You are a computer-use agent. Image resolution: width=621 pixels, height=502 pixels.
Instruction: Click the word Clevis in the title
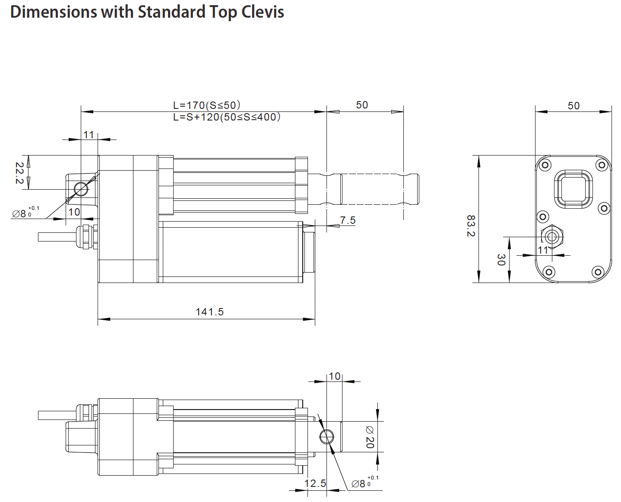(262, 12)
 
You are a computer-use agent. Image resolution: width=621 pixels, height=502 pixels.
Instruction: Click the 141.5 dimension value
(209, 311)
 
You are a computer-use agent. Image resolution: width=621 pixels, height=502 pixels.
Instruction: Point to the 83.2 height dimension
(471, 226)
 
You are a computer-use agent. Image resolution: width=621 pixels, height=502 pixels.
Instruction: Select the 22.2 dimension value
(19, 173)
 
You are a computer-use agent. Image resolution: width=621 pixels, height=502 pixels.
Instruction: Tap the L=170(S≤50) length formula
(206, 105)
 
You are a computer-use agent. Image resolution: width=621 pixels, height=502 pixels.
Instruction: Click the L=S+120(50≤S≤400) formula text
(227, 117)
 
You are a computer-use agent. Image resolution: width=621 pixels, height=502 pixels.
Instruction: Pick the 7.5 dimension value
(348, 220)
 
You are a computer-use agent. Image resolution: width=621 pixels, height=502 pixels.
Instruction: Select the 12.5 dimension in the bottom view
(315, 483)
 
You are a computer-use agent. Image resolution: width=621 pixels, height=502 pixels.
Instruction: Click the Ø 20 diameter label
(370, 437)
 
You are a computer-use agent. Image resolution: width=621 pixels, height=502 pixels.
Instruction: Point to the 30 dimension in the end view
(501, 260)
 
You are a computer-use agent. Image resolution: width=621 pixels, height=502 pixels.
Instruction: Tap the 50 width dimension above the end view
(573, 106)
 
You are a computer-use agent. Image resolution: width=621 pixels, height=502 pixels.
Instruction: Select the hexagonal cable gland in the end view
(551, 236)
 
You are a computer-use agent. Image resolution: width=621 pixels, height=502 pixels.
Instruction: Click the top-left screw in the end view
(545, 165)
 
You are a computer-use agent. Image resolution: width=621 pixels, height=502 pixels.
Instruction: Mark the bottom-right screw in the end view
(598, 272)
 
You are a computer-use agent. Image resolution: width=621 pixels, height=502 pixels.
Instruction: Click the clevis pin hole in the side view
(81, 189)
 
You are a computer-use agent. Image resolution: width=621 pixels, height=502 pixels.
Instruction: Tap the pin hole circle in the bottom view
(326, 437)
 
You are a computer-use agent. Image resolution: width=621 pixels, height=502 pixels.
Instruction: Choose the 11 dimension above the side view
(89, 135)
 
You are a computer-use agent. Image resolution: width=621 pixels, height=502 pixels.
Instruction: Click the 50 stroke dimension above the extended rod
(362, 105)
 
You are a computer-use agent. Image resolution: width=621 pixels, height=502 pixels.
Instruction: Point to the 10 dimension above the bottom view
(335, 376)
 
